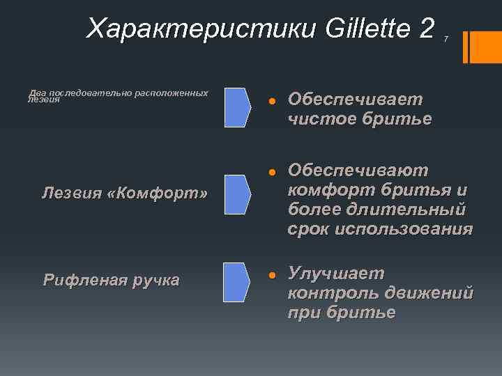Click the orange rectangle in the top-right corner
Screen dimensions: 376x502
[x=486, y=47]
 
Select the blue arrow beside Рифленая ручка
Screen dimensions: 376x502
[x=237, y=282]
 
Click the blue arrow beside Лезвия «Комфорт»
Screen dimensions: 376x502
[x=237, y=194]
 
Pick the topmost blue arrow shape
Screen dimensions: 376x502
[x=237, y=107]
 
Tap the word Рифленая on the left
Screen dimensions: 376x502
[x=82, y=281]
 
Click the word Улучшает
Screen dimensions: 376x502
[x=336, y=272]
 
